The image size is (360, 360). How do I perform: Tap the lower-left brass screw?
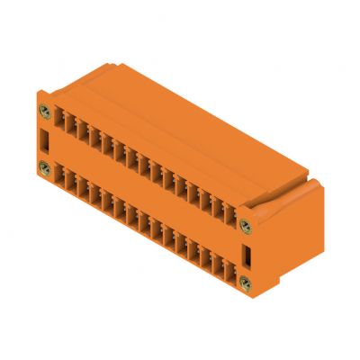pos(44,166)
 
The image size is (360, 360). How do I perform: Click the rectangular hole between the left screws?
pos(45,139)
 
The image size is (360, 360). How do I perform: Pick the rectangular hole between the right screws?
pos(245,256)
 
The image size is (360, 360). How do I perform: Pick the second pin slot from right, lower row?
pos(216,265)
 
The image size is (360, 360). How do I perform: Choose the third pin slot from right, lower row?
pos(203,257)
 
